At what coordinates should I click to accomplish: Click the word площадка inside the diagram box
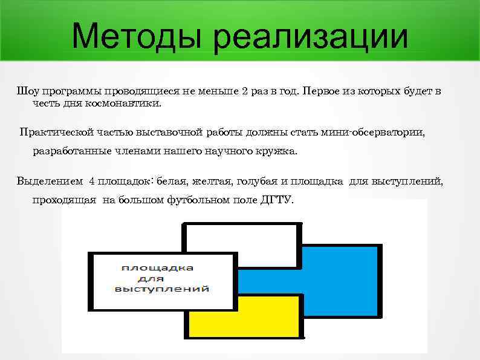pos(162,267)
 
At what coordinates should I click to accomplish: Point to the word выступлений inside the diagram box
pos(162,289)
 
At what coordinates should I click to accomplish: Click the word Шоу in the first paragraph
pos(28,91)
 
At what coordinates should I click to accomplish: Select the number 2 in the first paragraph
pos(244,91)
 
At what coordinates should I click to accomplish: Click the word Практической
pos(54,132)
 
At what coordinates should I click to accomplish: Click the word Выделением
pos(50,180)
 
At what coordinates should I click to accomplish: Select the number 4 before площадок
pos(91,180)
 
